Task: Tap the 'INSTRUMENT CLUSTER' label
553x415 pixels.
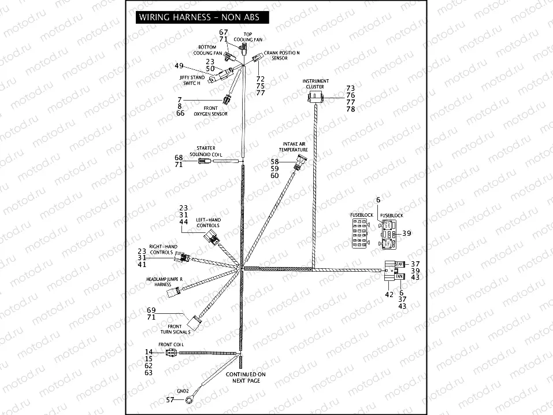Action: pyautogui.click(x=318, y=84)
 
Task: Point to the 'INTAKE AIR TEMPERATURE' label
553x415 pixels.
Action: pyautogui.click(x=294, y=146)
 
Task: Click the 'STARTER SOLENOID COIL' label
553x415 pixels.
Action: pyautogui.click(x=206, y=151)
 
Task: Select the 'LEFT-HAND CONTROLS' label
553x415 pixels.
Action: pyautogui.click(x=207, y=223)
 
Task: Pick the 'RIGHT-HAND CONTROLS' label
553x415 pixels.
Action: pyautogui.click(x=161, y=249)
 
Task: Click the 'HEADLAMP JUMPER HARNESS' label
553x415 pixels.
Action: pyautogui.click(x=164, y=281)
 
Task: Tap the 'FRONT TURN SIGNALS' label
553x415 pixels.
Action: pyautogui.click(x=176, y=330)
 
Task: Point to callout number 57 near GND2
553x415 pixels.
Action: pyautogui.click(x=170, y=399)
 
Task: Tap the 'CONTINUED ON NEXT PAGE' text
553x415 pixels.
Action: pyautogui.click(x=246, y=377)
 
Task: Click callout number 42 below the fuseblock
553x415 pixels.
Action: pyautogui.click(x=388, y=294)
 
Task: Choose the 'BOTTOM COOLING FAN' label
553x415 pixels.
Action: pyautogui.click(x=207, y=50)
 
